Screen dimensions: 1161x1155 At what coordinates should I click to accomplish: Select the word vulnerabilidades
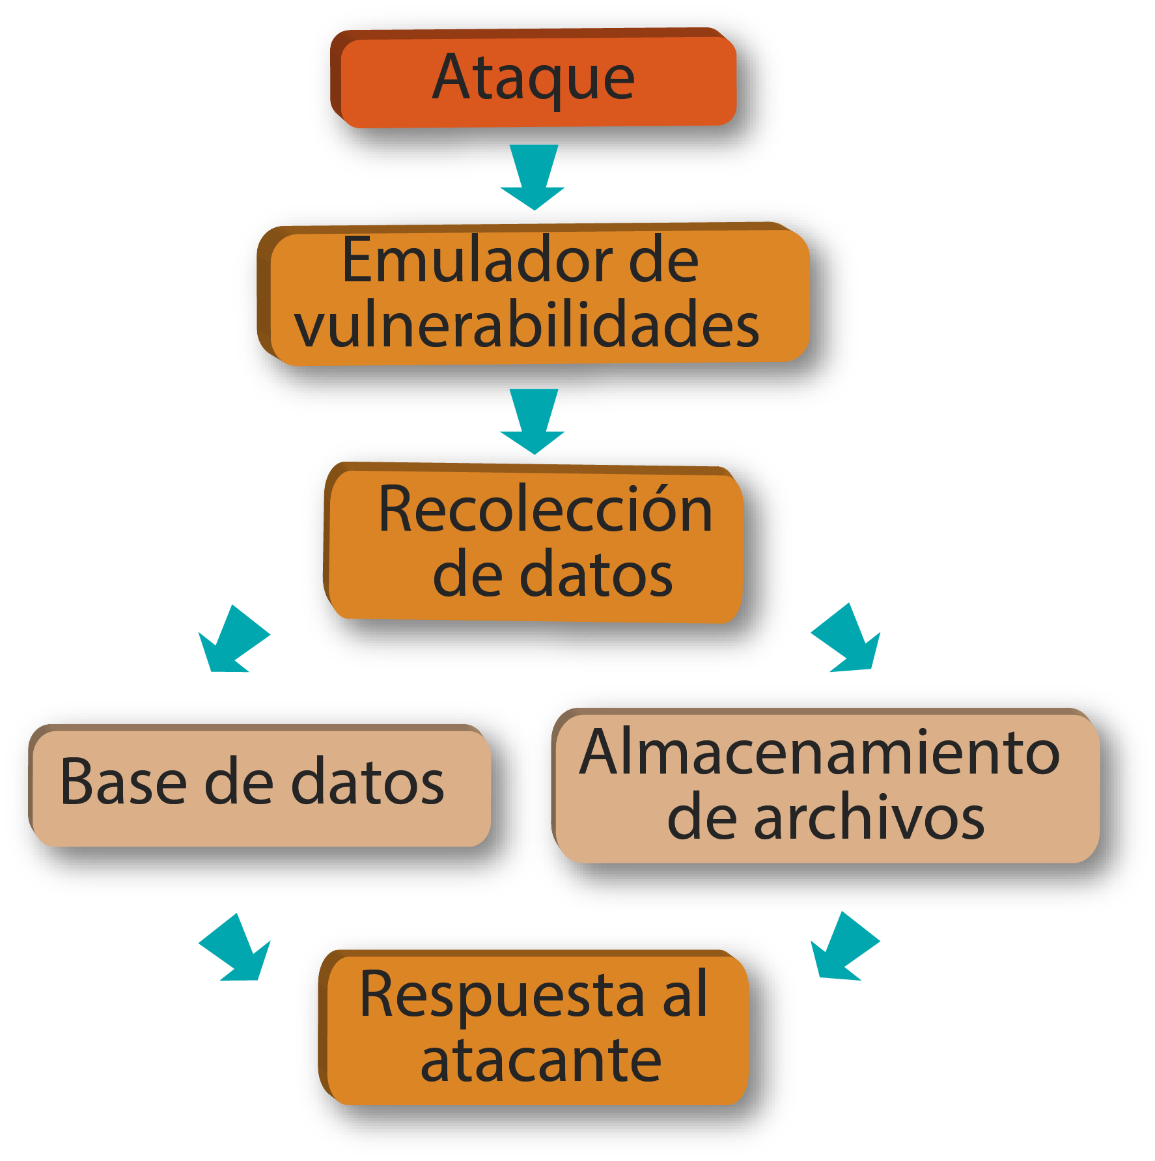pos(527,324)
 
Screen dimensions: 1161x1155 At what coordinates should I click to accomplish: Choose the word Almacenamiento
pos(820,753)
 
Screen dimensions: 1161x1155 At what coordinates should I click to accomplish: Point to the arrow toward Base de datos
pos(231,641)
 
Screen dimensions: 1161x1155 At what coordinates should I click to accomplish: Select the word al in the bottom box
pos(685,994)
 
